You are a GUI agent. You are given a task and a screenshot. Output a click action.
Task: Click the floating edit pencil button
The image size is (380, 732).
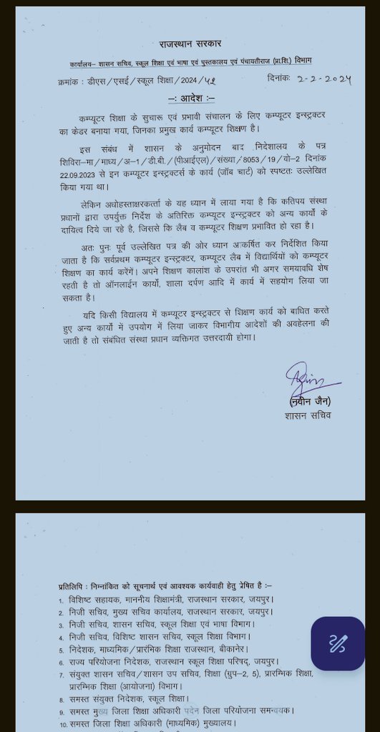pyautogui.click(x=337, y=643)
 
